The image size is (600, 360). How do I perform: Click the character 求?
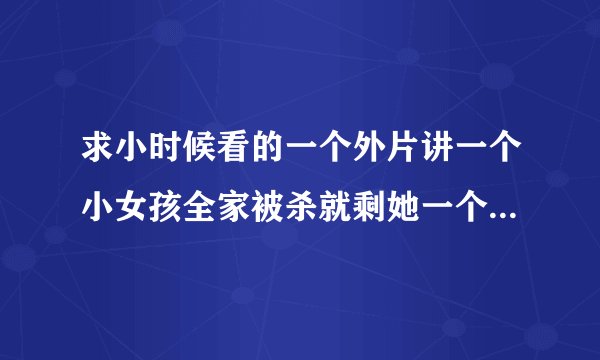98,156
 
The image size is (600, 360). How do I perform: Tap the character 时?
166,156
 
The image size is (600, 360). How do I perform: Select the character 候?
200,156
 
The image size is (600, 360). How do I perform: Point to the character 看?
234,156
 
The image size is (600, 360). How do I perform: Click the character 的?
268,156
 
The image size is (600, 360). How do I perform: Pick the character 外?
370,156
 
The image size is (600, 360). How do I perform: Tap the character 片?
404,156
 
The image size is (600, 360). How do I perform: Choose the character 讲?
438,156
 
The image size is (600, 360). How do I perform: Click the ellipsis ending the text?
505,210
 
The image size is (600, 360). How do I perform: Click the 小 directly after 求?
132,156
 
